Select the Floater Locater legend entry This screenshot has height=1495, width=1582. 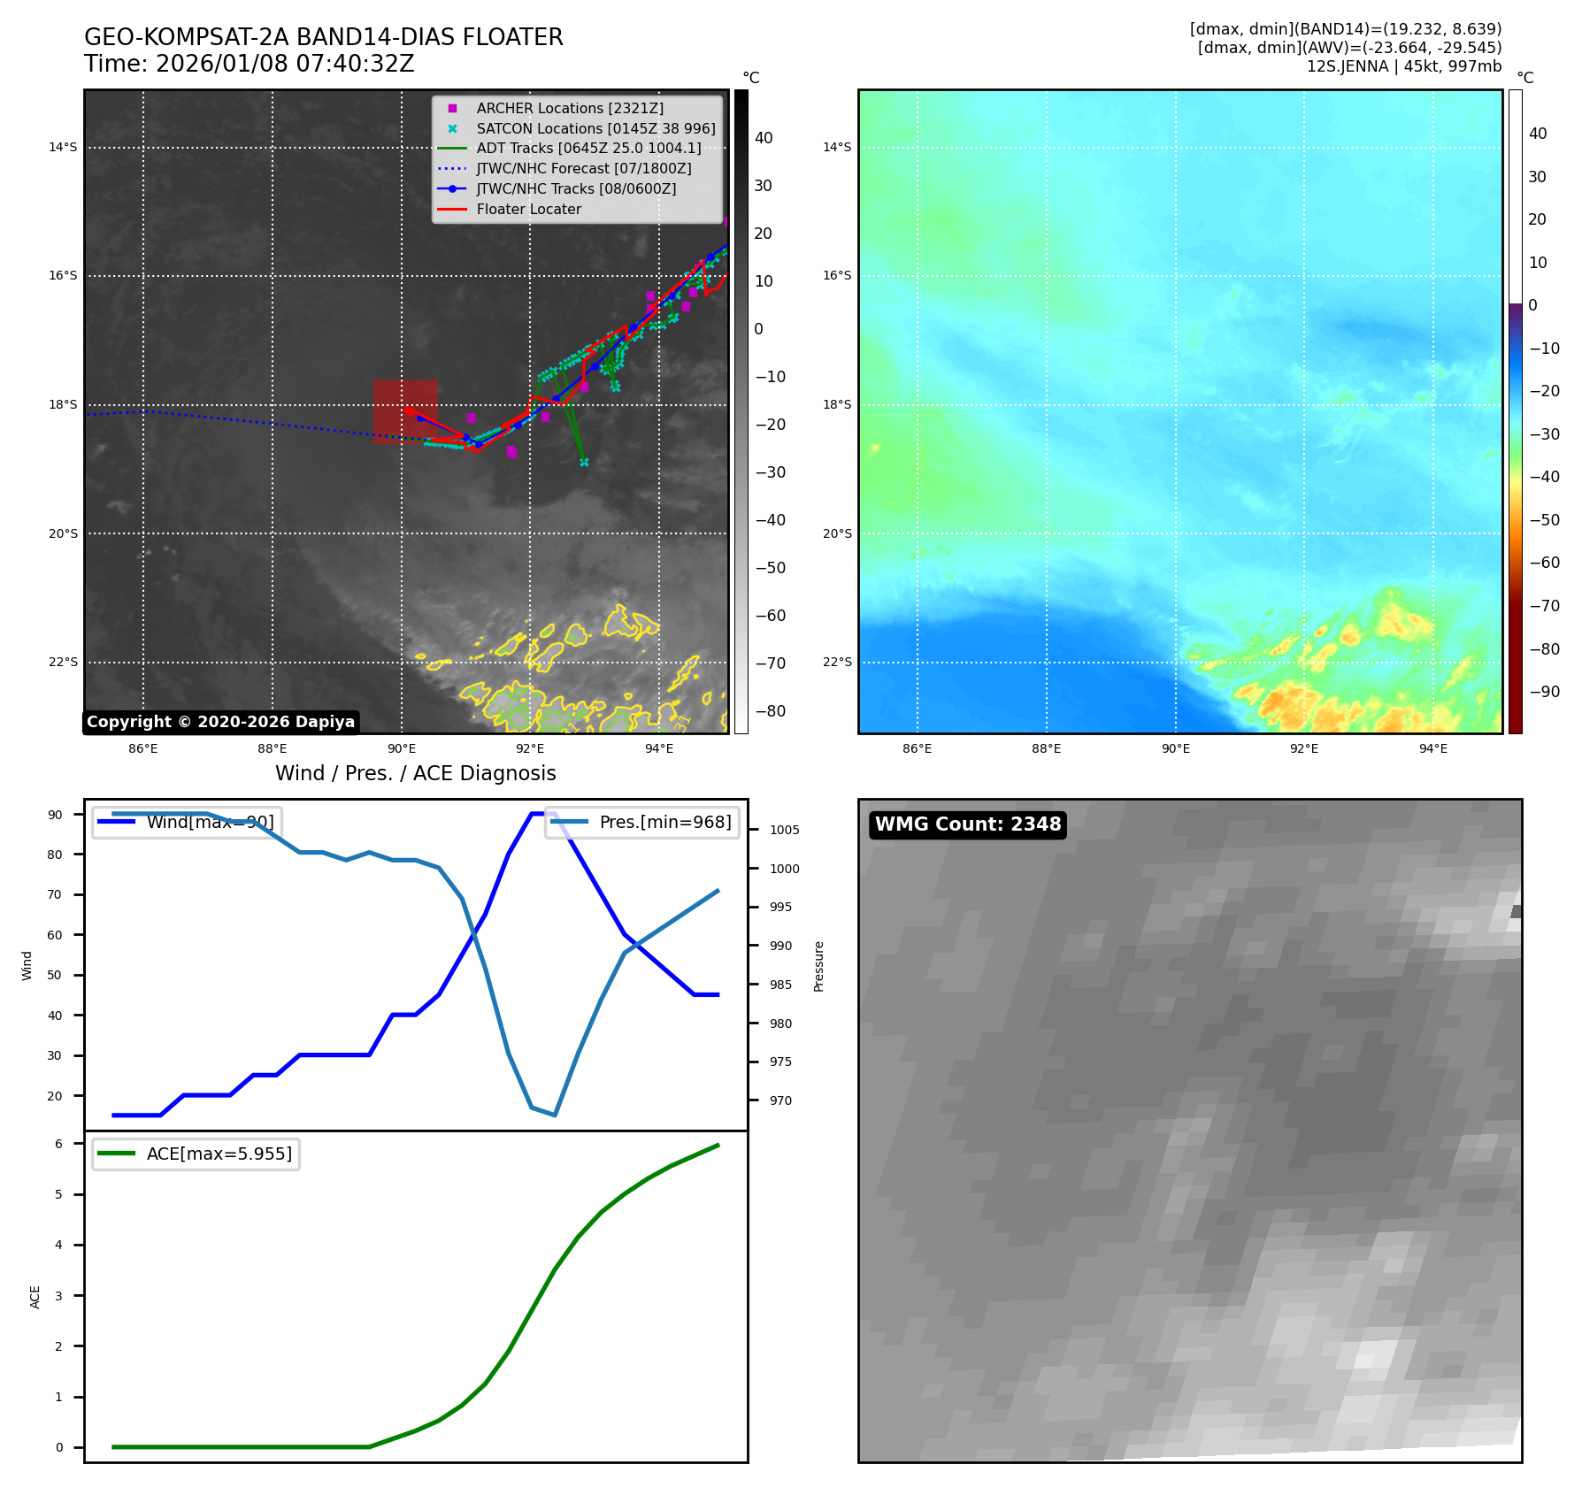coord(528,210)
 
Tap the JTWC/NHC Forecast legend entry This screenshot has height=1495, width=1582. coord(583,169)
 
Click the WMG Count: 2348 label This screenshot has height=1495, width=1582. coord(967,824)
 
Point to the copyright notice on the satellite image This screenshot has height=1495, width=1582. coord(220,722)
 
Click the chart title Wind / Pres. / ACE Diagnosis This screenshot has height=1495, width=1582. coord(415,773)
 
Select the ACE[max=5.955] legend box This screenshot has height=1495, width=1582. coord(196,1154)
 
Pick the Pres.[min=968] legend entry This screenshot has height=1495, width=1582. coord(643,822)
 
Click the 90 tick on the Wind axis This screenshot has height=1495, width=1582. coord(55,815)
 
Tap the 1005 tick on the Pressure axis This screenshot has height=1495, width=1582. coord(784,830)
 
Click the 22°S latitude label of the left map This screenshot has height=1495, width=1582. coord(63,663)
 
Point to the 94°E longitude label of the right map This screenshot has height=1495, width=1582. coord(1432,748)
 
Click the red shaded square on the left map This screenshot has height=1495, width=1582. coord(404,410)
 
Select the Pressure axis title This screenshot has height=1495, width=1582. coord(818,966)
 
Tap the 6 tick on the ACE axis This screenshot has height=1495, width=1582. coord(59,1144)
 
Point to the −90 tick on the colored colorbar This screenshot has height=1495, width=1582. coord(1544,692)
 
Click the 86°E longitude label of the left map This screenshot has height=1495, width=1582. coord(143,748)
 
